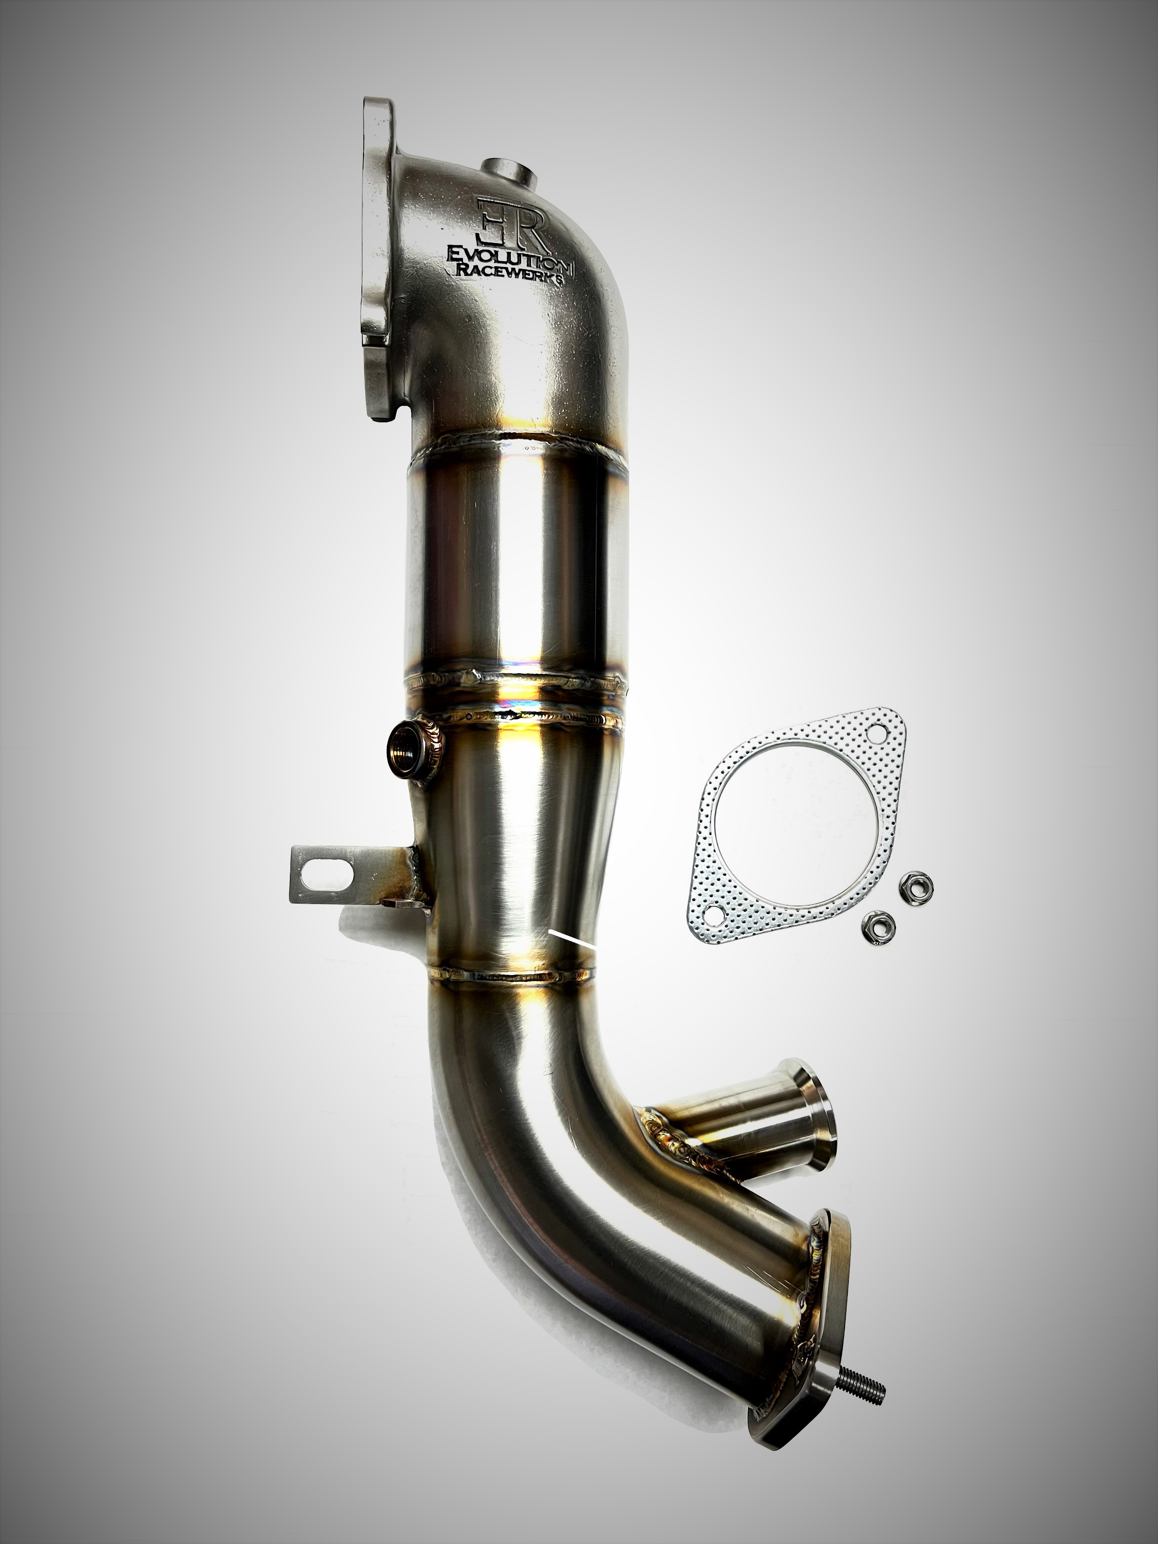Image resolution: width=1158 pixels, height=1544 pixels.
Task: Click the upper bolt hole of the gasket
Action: tap(872, 734)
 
